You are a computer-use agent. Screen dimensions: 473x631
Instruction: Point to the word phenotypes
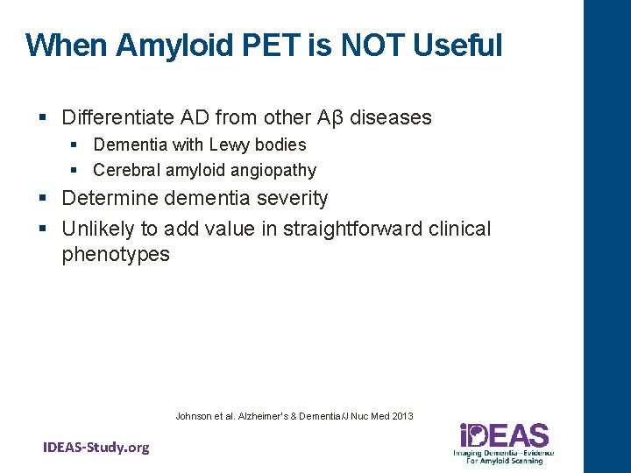pyautogui.click(x=116, y=255)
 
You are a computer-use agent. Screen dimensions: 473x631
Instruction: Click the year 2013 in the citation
pyautogui.click(x=402, y=416)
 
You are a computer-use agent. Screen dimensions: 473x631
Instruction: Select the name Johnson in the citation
pyautogui.click(x=194, y=416)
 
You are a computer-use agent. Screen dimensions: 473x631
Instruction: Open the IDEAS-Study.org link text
pyautogui.click(x=96, y=448)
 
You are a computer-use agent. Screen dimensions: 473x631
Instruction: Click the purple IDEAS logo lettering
pyautogui.click(x=505, y=435)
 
